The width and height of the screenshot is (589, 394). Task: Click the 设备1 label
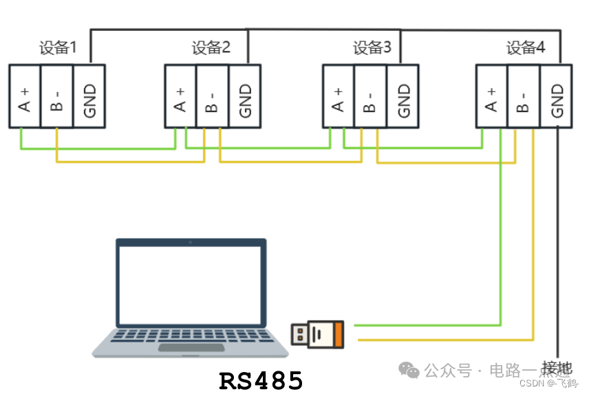point(57,48)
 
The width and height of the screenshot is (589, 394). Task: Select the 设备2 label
point(211,48)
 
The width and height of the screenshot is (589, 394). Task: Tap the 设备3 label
point(372,48)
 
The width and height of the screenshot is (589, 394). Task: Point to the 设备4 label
point(526,48)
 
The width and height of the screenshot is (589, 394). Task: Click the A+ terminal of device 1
point(25,96)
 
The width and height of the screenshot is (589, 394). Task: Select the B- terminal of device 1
point(56,96)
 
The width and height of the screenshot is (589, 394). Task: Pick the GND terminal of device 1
point(89,96)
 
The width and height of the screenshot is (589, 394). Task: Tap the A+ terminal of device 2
point(180,96)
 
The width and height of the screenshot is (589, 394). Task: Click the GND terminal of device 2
point(245,96)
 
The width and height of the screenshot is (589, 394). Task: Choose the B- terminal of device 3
point(370,96)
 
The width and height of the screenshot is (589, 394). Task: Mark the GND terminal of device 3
point(403,96)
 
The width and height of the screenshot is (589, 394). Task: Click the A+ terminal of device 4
point(491,96)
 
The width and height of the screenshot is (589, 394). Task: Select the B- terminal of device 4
point(523,96)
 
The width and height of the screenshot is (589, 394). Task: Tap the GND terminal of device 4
point(557,96)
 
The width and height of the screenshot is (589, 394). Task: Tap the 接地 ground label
point(557,368)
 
